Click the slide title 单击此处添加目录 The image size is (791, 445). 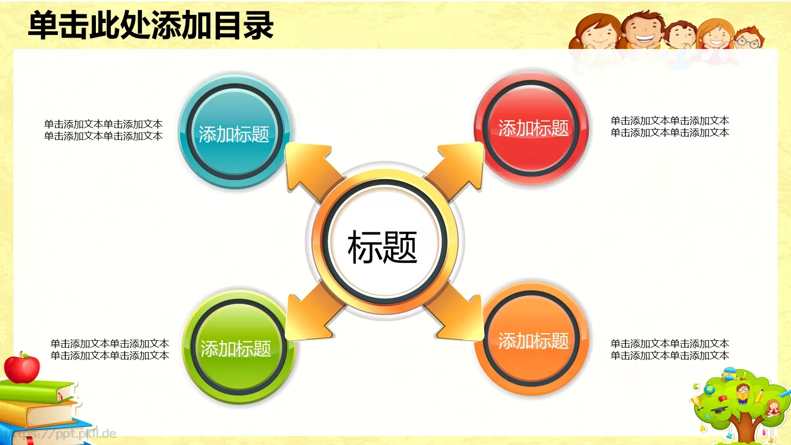click(151, 26)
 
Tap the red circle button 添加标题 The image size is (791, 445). click(533, 128)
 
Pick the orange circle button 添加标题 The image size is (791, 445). click(533, 341)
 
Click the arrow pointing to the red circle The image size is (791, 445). click(457, 166)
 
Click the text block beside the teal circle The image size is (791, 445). click(103, 130)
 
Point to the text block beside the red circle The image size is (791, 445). click(669, 127)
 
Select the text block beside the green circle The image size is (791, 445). click(110, 350)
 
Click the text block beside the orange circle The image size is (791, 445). click(669, 350)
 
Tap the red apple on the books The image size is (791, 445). click(22, 368)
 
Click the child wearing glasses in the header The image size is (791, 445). click(747, 40)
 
